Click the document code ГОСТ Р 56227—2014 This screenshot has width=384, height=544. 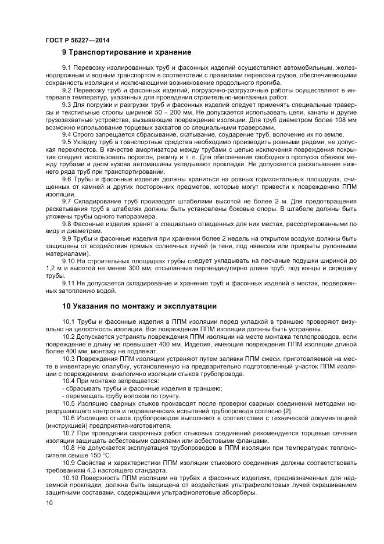click(x=77, y=40)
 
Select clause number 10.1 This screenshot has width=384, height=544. click(x=69, y=321)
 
